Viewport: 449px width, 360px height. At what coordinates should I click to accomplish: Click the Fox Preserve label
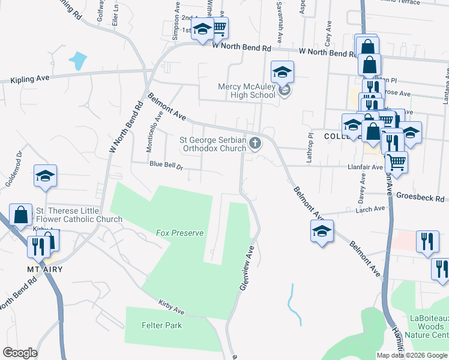(179, 233)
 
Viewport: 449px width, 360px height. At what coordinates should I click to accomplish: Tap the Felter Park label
(161, 325)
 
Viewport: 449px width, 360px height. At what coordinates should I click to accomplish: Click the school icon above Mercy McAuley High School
(282, 73)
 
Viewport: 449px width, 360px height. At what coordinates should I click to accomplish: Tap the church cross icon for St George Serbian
(256, 143)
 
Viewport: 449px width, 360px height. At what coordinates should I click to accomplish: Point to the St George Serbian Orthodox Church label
(213, 144)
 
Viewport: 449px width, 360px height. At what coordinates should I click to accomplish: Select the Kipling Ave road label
(29, 79)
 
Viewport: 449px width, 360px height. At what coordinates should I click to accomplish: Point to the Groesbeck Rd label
(423, 197)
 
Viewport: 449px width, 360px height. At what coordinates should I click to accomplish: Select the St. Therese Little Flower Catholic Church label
(79, 215)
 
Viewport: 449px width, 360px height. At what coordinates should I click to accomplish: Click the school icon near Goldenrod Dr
(45, 176)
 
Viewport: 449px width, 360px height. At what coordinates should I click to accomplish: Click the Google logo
(20, 353)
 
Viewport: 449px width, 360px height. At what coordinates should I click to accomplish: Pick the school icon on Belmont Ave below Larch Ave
(322, 231)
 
